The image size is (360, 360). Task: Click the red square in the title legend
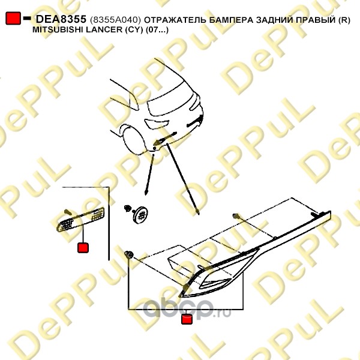[13, 18]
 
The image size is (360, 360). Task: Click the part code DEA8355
[61, 19]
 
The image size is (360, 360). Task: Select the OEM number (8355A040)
[115, 20]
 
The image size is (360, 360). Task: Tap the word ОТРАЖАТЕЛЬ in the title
[175, 20]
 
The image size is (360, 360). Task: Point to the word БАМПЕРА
[231, 20]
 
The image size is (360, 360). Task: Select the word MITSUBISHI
[58, 30]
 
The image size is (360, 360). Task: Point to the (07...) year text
[157, 30]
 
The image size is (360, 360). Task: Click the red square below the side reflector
[83, 248]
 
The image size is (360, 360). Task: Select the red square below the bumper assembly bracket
[187, 319]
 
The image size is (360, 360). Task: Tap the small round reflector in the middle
[140, 214]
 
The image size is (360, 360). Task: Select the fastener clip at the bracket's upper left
[129, 254]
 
